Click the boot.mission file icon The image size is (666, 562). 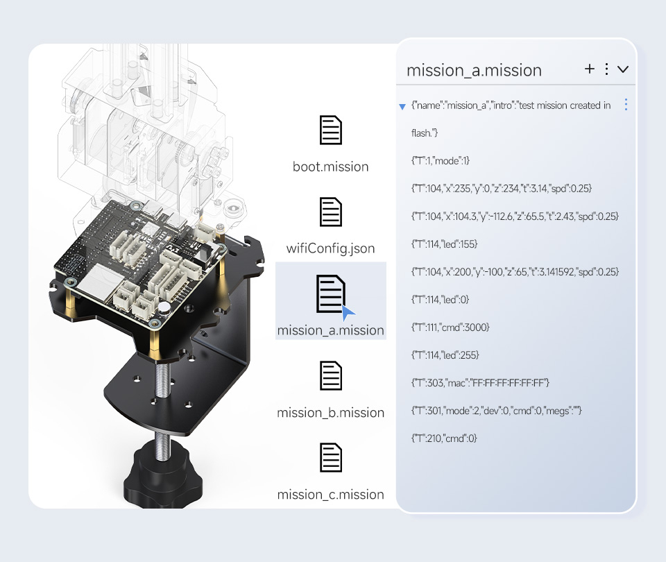(330, 130)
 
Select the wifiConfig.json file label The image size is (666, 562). (330, 248)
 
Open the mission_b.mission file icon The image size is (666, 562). (330, 376)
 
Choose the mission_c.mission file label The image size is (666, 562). (330, 495)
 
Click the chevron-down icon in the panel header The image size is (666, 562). (623, 69)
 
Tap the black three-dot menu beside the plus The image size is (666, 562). (606, 69)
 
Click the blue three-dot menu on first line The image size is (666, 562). (626, 105)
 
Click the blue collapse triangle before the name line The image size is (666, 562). (402, 107)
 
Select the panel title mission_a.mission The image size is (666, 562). (474, 70)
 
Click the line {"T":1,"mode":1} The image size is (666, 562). (441, 161)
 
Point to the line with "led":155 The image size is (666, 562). (445, 244)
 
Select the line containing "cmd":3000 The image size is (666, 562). (450, 327)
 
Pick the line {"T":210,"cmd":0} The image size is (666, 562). (444, 438)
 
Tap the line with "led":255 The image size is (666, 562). (445, 355)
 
